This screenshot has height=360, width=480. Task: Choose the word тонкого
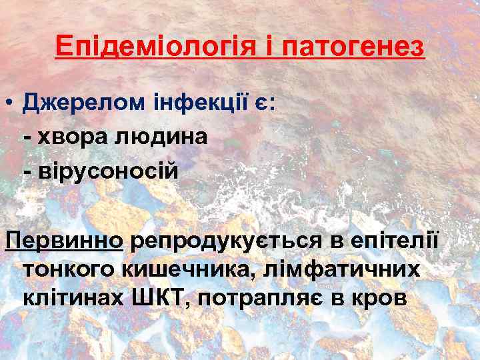point(67,269)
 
